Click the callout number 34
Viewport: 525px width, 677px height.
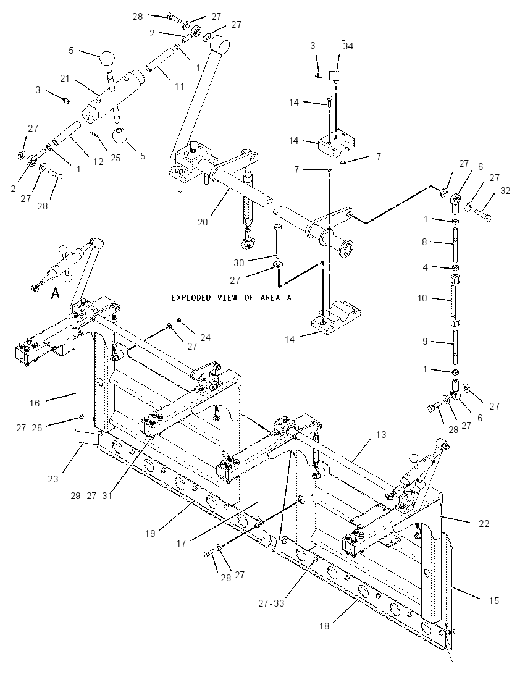click(348, 46)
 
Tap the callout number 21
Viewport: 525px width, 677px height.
click(65, 78)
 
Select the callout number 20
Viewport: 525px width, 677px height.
click(203, 222)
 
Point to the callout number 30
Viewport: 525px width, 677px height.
click(239, 263)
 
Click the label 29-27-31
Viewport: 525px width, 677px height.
click(91, 495)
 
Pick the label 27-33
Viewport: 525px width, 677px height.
click(272, 603)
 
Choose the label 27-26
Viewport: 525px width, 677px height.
click(30, 427)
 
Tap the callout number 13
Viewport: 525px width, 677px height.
click(381, 435)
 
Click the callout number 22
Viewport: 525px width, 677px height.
click(484, 523)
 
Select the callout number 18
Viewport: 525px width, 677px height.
click(324, 626)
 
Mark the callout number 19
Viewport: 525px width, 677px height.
click(150, 534)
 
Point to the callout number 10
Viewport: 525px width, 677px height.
click(422, 298)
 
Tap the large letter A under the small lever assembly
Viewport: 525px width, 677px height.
click(55, 293)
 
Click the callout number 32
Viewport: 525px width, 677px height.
click(505, 190)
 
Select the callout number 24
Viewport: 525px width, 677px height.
click(206, 337)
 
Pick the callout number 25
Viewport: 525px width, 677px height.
click(115, 158)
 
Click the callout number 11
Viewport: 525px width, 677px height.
click(180, 86)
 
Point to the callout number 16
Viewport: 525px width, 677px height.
click(35, 403)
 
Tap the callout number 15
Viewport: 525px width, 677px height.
click(494, 600)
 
